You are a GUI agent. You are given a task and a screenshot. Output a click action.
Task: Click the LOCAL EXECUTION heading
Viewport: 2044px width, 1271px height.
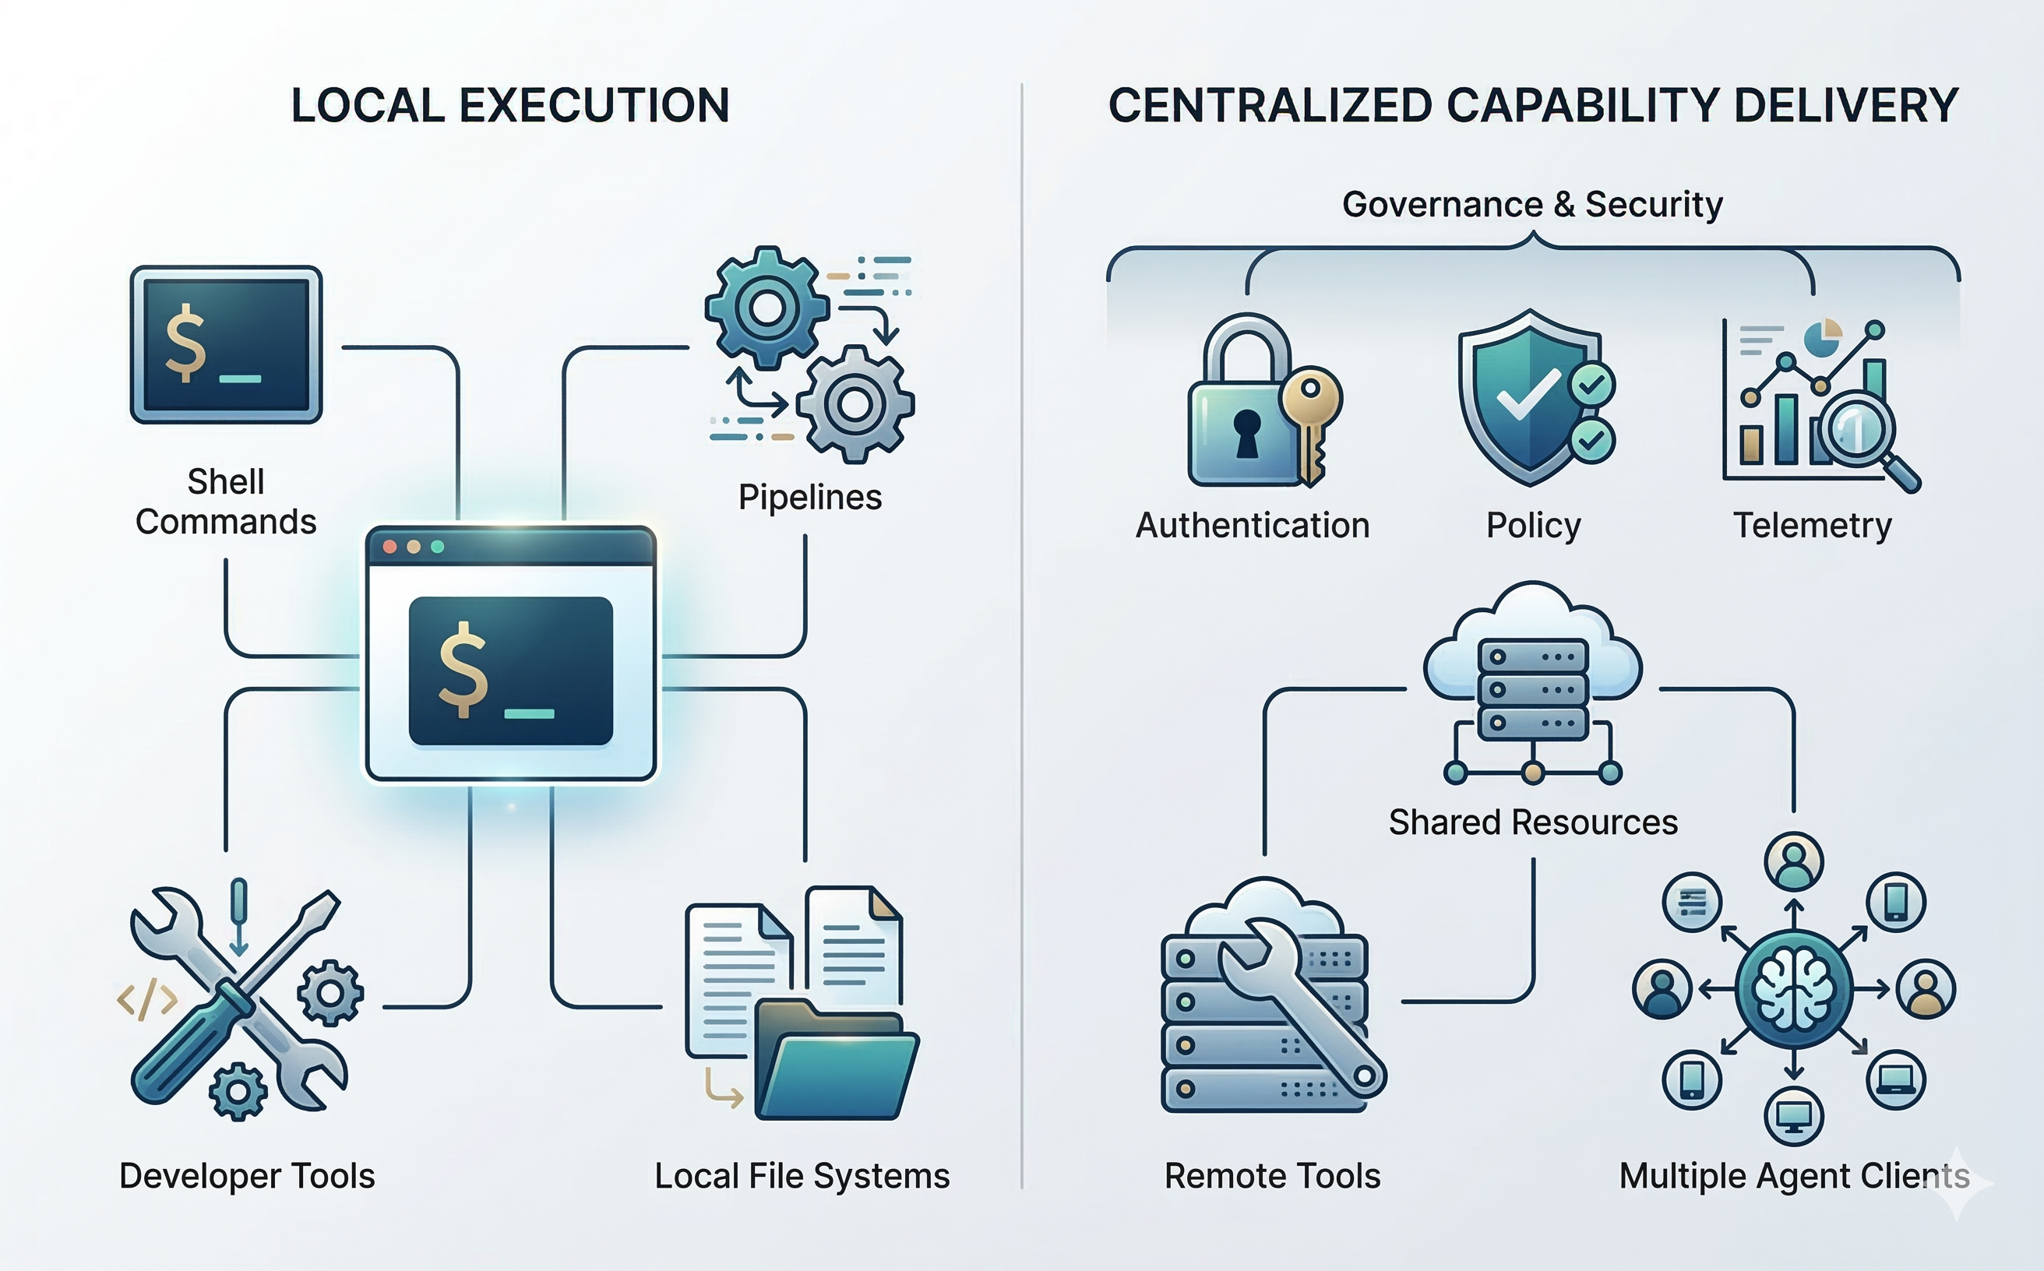pyautogui.click(x=509, y=106)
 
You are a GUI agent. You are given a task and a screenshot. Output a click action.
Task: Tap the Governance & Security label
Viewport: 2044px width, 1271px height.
pyautogui.click(x=1532, y=204)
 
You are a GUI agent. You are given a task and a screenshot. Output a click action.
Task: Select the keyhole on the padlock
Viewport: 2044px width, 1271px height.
pyautogui.click(x=1247, y=433)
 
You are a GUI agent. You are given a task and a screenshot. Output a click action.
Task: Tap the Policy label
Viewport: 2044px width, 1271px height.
pyautogui.click(x=1533, y=526)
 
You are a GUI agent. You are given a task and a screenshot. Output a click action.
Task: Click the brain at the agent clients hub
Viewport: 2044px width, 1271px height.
pyautogui.click(x=1793, y=989)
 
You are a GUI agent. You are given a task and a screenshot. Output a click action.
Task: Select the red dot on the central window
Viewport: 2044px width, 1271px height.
pyautogui.click(x=389, y=547)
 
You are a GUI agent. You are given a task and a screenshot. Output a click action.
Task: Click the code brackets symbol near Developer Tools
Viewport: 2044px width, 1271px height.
pyautogui.click(x=147, y=1000)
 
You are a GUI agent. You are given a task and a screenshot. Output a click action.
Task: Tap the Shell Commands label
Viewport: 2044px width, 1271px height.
pyautogui.click(x=225, y=502)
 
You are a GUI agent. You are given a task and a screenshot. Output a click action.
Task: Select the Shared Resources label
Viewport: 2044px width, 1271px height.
pyautogui.click(x=1532, y=822)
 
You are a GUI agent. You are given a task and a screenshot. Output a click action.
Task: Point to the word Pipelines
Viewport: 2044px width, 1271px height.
pyautogui.click(x=809, y=497)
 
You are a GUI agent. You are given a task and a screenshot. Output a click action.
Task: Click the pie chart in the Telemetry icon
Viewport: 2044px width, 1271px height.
pyautogui.click(x=1823, y=337)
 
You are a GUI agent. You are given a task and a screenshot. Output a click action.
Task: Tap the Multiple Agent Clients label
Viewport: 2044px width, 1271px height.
pyautogui.click(x=1793, y=1176)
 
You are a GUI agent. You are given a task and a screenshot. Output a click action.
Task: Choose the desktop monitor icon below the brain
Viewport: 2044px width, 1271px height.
pyautogui.click(x=1793, y=1116)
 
